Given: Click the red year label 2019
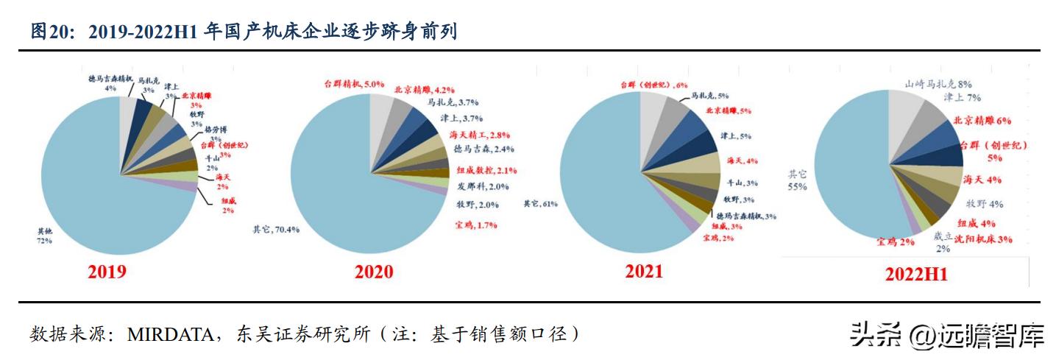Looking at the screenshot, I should [107, 272].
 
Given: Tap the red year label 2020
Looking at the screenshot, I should [374, 272].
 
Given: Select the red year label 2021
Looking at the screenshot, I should [644, 271].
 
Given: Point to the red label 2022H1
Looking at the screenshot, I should [915, 275].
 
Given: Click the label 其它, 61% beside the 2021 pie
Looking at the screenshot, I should [540, 202].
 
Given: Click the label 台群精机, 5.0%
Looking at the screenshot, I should [354, 83].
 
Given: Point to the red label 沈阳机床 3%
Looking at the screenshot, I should [983, 239].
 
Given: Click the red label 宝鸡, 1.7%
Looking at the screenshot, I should [477, 224].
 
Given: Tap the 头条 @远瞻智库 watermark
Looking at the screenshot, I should [946, 337].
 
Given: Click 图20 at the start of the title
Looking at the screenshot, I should [49, 32].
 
